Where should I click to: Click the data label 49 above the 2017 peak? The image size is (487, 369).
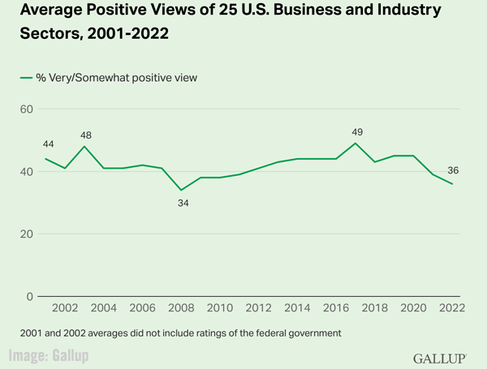(x=356, y=132)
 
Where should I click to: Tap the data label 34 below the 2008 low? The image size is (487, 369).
(x=183, y=204)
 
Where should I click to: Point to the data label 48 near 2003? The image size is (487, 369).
(x=85, y=135)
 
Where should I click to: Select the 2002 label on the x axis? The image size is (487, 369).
(x=65, y=309)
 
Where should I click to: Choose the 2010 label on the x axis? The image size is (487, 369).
(x=221, y=309)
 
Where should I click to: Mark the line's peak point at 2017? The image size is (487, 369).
(x=356, y=144)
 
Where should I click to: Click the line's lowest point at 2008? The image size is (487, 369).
(x=182, y=191)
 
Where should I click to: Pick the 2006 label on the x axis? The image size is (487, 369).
(x=143, y=309)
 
